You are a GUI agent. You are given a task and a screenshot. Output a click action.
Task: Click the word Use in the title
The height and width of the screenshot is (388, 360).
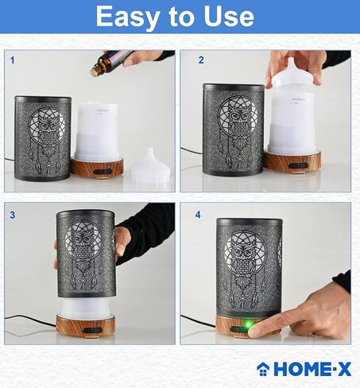[x=227, y=17]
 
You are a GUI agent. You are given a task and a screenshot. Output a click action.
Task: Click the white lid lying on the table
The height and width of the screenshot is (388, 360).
[x=150, y=168]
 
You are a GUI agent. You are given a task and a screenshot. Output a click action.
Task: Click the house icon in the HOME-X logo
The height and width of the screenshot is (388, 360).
[x=263, y=368]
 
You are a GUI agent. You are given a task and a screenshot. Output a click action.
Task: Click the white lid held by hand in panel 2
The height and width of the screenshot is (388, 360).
[x=296, y=72]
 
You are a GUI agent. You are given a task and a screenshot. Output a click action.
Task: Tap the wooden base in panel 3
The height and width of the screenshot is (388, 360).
[x=84, y=326]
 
